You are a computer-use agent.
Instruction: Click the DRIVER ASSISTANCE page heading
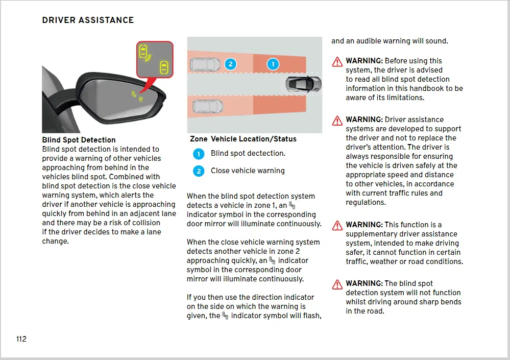click(88, 20)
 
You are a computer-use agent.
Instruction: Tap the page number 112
click(21, 339)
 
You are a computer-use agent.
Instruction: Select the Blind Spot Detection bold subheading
click(79, 140)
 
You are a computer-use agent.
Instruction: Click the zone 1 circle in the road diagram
click(273, 64)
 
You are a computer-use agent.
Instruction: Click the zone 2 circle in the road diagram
click(231, 64)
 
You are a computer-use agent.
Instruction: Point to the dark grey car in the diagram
click(303, 83)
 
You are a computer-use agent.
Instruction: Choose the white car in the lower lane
click(208, 106)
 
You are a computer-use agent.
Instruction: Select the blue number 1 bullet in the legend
click(199, 154)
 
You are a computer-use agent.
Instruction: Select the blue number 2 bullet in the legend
click(199, 171)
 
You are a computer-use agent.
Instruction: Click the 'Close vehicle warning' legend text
click(248, 171)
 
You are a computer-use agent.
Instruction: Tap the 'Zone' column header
click(199, 139)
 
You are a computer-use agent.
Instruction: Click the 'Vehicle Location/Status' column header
click(253, 139)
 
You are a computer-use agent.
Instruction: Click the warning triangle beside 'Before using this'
click(337, 62)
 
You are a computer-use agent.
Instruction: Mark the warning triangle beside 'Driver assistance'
click(337, 121)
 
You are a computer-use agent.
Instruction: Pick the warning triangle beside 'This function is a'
click(337, 226)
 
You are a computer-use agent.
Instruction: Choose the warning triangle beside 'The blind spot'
click(337, 284)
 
